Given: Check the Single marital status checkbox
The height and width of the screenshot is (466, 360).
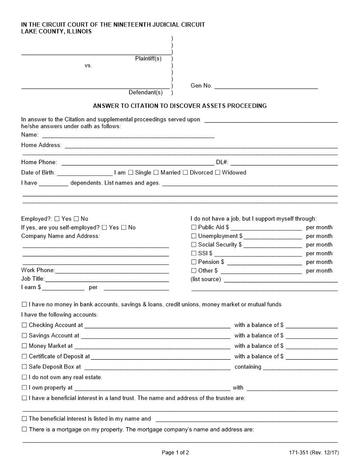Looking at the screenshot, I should [131, 173].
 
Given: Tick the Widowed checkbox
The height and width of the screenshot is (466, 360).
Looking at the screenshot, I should [217, 173].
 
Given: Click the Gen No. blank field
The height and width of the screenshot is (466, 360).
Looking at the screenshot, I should [266, 86].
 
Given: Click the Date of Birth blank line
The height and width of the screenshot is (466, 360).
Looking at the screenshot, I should [84, 173].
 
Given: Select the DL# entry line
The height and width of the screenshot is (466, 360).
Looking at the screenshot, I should [284, 163].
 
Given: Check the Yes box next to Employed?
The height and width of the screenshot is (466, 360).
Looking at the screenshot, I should [57, 219].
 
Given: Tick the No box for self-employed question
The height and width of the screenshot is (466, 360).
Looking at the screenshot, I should [124, 228].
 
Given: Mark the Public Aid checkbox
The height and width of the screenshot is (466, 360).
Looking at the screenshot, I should [194, 227].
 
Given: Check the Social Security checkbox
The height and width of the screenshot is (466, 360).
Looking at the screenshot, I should [194, 244].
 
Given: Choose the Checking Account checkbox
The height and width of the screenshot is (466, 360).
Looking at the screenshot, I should [24, 325].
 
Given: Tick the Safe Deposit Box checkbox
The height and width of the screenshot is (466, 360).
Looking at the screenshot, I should [24, 367].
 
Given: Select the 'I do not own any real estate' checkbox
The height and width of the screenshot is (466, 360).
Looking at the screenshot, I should [24, 377].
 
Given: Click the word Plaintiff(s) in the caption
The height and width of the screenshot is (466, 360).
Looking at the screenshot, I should [148, 59].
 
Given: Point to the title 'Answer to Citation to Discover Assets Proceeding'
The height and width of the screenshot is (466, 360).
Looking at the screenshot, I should [180, 106].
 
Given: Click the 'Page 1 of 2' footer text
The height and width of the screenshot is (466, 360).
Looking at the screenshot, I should [176, 452].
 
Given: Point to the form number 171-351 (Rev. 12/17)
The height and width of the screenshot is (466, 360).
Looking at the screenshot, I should [314, 452].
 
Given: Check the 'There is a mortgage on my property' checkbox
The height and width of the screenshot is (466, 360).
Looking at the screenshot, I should [24, 429].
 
